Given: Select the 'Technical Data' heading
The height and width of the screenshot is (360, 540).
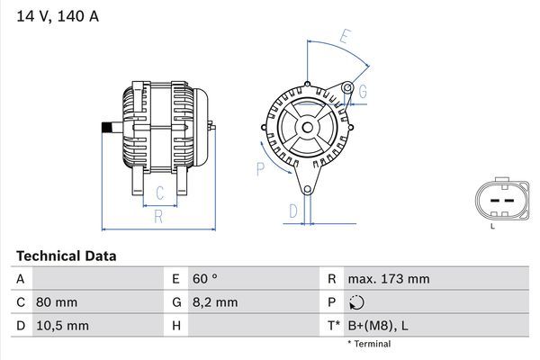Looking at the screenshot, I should [66, 256].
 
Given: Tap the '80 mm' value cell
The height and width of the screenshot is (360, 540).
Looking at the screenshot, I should [57, 302].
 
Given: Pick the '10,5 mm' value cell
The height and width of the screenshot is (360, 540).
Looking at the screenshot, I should [62, 325].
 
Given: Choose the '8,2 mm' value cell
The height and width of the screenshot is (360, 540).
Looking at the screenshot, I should [215, 302].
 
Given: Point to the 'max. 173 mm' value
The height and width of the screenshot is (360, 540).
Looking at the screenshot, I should [389, 280].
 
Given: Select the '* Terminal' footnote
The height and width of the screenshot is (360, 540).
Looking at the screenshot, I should [369, 344].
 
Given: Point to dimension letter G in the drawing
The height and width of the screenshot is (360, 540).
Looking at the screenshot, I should [362, 92].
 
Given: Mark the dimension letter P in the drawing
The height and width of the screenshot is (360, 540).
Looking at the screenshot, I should [260, 166].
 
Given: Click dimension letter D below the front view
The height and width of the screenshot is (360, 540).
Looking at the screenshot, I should [292, 211].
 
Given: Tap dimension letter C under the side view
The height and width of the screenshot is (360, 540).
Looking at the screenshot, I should [159, 193].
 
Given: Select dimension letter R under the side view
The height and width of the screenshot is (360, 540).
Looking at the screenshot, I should [157, 215].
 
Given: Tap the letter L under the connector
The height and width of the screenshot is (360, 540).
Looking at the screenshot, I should [492, 226].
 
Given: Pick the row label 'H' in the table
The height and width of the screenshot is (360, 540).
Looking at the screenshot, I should [176, 325].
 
